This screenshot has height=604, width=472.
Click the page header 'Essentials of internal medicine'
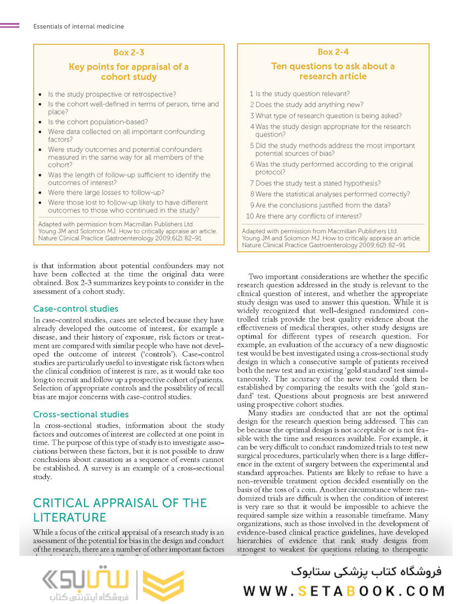click(x=78, y=26)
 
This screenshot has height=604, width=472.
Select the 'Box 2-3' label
click(x=129, y=53)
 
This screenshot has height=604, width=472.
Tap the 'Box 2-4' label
click(x=333, y=52)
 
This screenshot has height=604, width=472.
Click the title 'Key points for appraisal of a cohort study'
click(x=129, y=72)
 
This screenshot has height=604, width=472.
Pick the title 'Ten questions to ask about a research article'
click(x=333, y=71)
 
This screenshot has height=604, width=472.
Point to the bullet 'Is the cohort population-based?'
click(x=97, y=122)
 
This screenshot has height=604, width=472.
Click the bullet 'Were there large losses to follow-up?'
click(x=106, y=192)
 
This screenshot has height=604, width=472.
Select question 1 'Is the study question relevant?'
click(x=300, y=94)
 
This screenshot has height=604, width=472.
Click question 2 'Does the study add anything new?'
click(x=306, y=105)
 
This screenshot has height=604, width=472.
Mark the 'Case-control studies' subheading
click(x=75, y=309)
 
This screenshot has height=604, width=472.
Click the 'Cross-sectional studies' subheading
click(x=81, y=414)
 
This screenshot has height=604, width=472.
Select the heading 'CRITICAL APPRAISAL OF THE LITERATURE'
click(x=120, y=509)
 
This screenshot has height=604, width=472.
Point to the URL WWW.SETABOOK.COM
click(x=344, y=591)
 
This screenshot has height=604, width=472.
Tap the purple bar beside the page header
click(x=10, y=26)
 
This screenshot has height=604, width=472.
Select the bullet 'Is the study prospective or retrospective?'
click(x=112, y=94)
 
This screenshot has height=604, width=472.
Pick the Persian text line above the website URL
click(x=366, y=572)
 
